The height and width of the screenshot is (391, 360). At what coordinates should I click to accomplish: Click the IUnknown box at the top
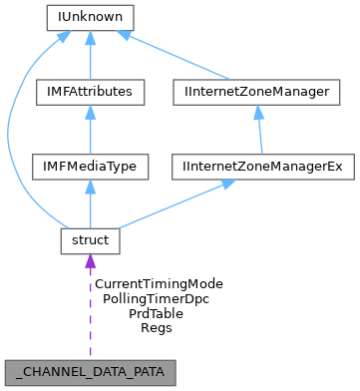tap(90, 18)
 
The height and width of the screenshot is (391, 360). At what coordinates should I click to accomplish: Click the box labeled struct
tap(90, 240)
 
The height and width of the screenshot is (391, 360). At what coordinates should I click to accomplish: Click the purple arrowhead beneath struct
tap(90, 262)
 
